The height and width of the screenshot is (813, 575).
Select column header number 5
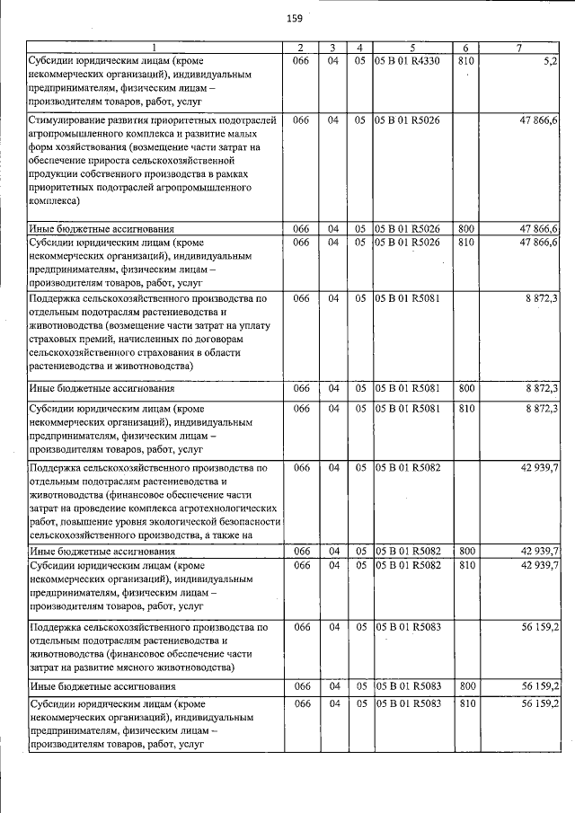(411, 48)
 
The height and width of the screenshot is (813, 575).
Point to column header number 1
(154, 48)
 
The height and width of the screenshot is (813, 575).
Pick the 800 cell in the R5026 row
(465, 229)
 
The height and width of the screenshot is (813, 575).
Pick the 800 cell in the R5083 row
(465, 687)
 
